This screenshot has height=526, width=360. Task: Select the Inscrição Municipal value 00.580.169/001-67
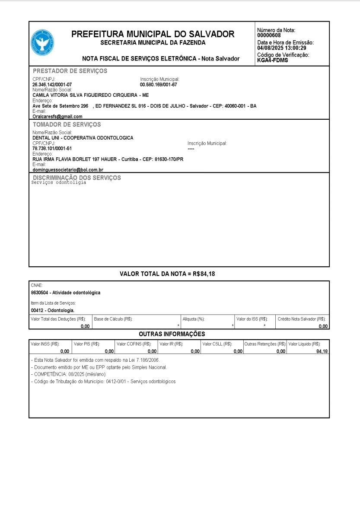coord(159,85)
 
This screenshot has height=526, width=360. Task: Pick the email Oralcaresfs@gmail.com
coord(57,116)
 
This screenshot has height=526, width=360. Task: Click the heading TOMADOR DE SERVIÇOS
coord(67,124)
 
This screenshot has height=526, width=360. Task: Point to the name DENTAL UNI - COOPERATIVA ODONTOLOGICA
coord(83,138)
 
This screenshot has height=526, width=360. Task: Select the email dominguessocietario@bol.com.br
coord(68,170)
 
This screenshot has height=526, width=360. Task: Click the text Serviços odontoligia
coord(59,182)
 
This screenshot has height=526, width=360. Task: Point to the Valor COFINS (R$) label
coord(134,344)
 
